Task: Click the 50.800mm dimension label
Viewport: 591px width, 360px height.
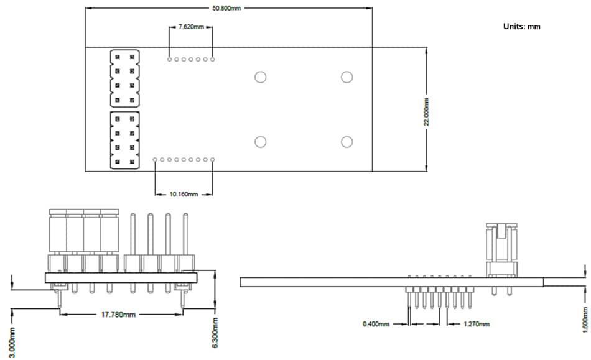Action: click(x=226, y=8)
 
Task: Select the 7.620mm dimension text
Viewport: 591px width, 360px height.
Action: click(x=190, y=27)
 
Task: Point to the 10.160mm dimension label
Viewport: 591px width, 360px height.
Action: click(x=184, y=195)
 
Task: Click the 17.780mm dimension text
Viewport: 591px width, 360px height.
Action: click(x=118, y=315)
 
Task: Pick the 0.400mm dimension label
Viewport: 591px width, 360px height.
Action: click(x=376, y=324)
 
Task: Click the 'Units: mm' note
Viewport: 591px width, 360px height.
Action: click(x=521, y=27)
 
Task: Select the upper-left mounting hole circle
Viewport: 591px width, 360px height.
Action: click(x=260, y=77)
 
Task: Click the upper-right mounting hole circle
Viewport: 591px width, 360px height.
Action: click(x=347, y=77)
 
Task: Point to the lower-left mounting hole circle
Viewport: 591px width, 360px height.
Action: click(x=260, y=142)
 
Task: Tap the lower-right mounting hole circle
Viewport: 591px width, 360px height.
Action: click(x=347, y=142)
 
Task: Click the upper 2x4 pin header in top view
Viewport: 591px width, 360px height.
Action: click(x=124, y=78)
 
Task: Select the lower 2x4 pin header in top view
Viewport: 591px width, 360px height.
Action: click(x=124, y=140)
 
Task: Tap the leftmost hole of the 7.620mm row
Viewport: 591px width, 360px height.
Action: click(x=169, y=60)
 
